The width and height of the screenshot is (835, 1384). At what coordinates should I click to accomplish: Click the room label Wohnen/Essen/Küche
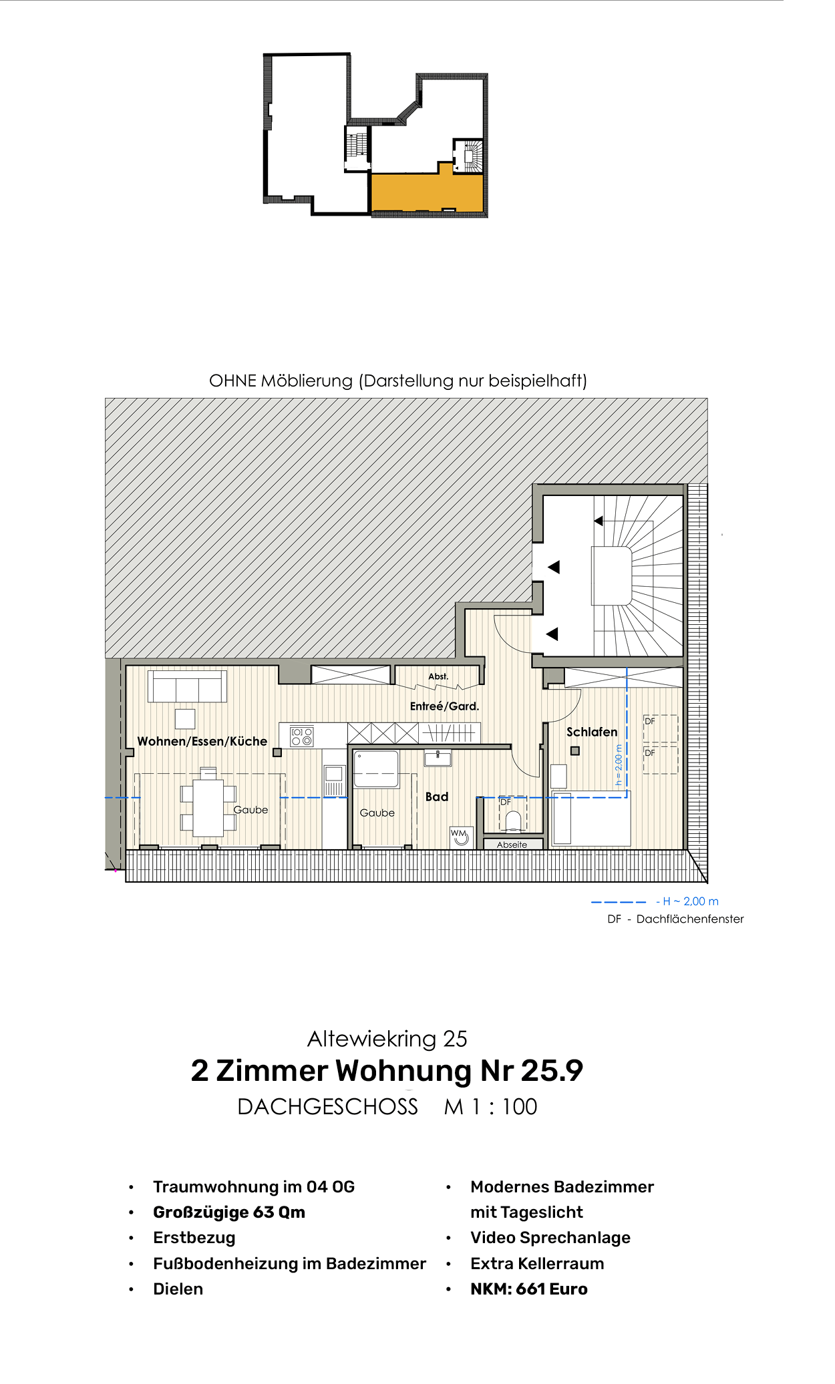tap(202, 741)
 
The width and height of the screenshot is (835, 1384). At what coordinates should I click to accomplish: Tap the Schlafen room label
tap(592, 732)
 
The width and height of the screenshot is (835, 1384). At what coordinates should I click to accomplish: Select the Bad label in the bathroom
tap(437, 796)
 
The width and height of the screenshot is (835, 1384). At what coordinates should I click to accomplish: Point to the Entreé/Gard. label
tap(444, 706)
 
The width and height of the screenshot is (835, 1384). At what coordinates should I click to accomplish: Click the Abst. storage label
tap(438, 676)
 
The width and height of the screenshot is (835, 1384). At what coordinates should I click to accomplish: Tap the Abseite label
tap(512, 845)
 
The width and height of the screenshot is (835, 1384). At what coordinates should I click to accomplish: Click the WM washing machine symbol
tap(460, 836)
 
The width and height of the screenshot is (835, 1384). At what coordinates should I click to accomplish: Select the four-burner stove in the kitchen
tap(301, 736)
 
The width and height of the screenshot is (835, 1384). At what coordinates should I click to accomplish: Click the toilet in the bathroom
tap(513, 821)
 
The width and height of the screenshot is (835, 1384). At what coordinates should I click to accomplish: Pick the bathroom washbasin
tap(438, 758)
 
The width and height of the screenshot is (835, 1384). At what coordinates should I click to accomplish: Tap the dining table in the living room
tap(208, 806)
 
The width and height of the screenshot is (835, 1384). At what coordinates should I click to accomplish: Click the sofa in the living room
tap(187, 686)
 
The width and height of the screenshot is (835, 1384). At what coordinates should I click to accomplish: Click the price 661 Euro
tap(552, 1289)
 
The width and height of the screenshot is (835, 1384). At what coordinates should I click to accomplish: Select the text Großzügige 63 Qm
tap(229, 1212)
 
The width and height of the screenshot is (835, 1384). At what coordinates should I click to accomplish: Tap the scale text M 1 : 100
tap(490, 1106)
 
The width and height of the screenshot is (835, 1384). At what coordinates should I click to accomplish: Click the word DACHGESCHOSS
tap(327, 1106)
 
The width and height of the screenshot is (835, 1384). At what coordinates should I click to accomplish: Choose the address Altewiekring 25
tap(387, 1038)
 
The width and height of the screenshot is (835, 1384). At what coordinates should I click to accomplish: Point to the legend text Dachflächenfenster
tap(689, 919)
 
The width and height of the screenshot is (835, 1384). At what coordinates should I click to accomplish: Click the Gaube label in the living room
tap(251, 810)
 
